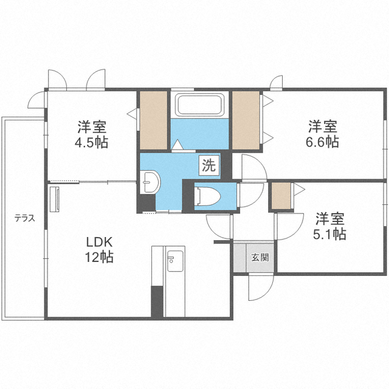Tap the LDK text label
click(100, 242)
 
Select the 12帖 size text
click(100, 256)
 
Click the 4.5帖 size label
click(92, 144)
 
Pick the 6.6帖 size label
click(323, 142)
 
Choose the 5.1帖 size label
click(331, 233)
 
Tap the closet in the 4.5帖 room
click(153, 120)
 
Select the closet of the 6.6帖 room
click(246, 120)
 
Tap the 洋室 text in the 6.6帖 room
click(323, 127)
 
